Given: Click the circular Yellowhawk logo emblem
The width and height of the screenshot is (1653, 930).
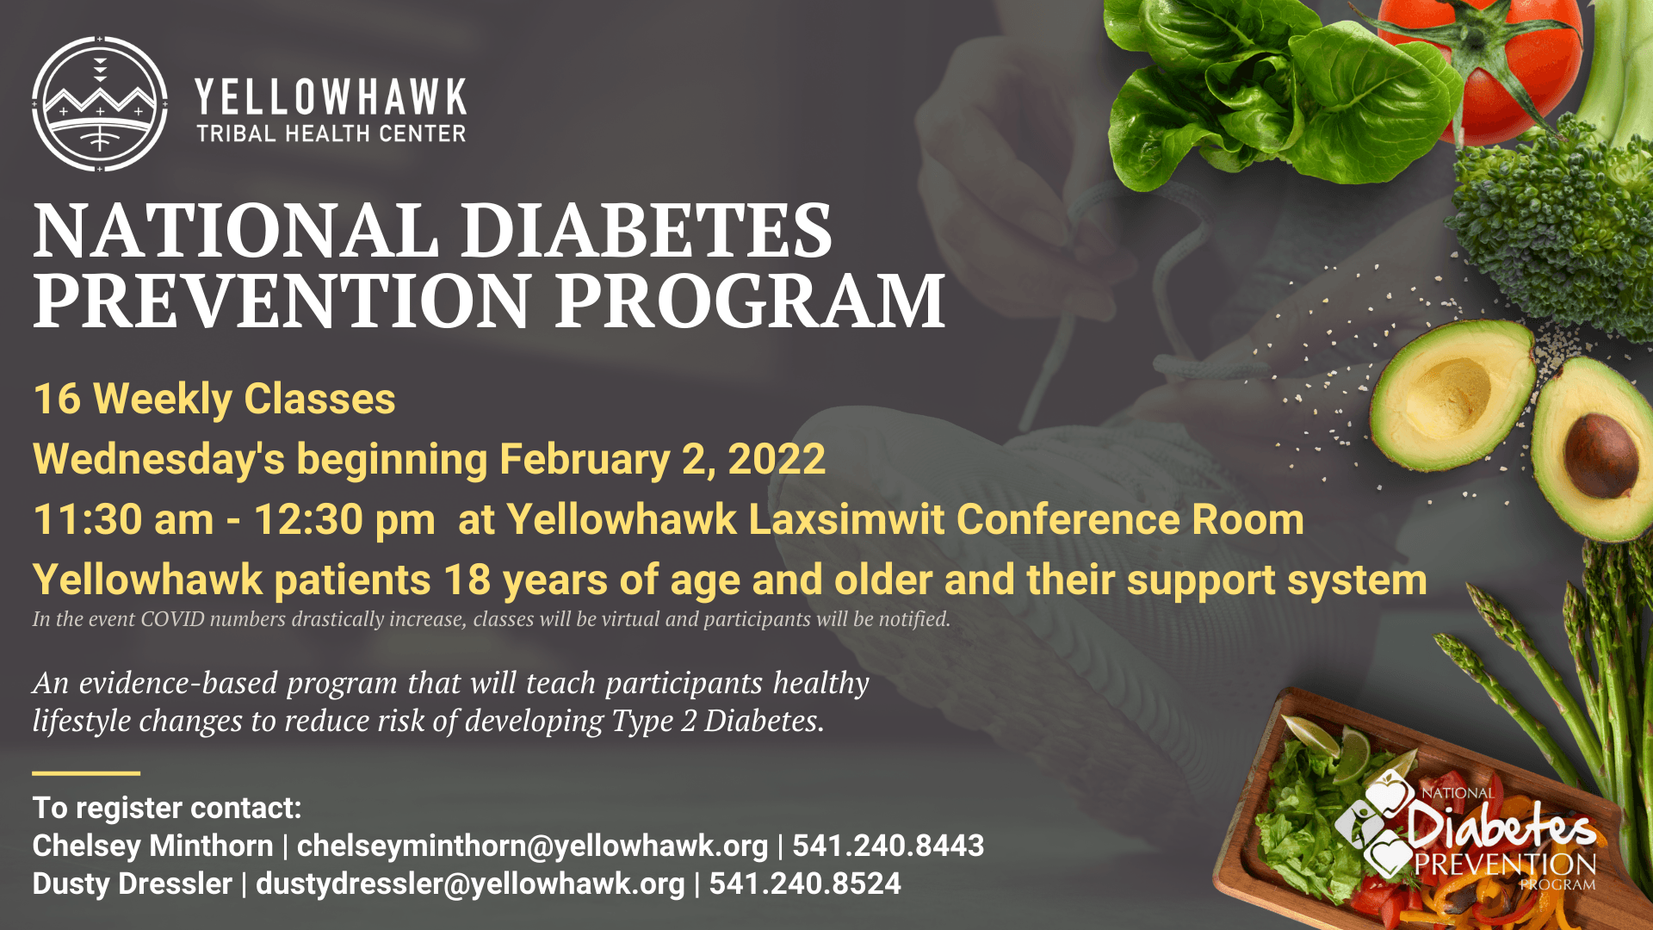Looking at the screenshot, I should tap(100, 104).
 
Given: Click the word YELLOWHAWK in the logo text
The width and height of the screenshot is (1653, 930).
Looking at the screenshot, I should tap(331, 97).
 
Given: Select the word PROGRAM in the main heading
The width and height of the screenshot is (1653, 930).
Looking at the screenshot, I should tap(750, 301).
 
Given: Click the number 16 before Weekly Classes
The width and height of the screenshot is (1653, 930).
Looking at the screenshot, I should tap(57, 400).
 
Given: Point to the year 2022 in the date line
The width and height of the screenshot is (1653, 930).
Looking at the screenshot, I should tap(777, 459).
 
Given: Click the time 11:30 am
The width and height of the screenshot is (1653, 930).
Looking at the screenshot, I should tap(123, 520).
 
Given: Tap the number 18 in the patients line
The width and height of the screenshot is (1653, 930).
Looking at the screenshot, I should tap(467, 580).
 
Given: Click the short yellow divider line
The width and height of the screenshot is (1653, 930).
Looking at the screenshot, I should tap(86, 773).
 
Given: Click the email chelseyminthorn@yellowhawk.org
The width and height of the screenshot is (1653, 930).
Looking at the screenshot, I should tap(532, 846).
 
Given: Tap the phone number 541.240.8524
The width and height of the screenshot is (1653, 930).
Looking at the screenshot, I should tap(805, 883).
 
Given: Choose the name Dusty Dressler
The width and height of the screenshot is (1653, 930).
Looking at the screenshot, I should tap(133, 883).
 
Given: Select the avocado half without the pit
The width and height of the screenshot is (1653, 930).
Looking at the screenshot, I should tap(1452, 394).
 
